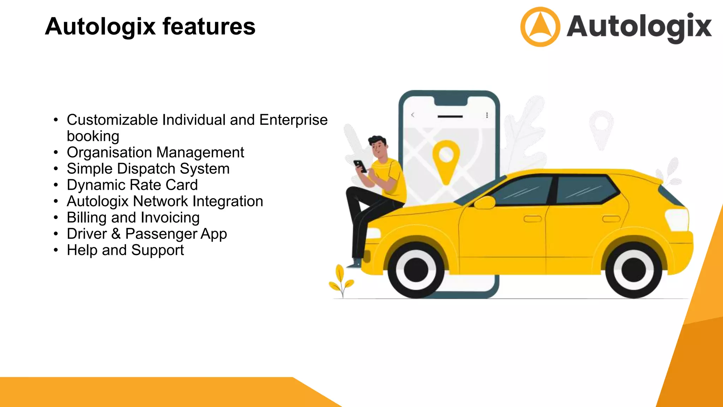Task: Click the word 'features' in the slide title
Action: [209, 26]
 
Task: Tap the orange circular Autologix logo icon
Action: [540, 27]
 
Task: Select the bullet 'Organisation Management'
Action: [155, 153]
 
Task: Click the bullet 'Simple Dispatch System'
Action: [148, 169]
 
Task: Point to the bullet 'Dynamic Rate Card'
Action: [132, 185]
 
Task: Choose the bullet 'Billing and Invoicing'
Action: [133, 218]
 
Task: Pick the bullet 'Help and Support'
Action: [125, 250]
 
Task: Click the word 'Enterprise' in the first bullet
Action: [293, 120]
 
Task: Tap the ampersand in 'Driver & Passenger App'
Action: [116, 234]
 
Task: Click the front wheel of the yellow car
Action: [416, 270]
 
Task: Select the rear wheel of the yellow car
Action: [633, 270]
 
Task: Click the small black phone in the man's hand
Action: [360, 166]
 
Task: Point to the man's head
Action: [378, 145]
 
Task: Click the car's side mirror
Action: [484, 203]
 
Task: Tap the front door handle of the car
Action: [532, 219]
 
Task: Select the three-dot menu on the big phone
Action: [487, 115]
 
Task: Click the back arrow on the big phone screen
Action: [413, 115]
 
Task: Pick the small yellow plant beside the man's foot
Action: [341, 281]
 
